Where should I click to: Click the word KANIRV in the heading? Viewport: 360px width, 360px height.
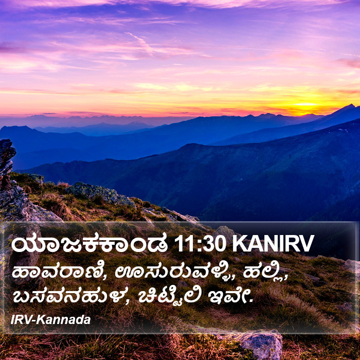point(273,244)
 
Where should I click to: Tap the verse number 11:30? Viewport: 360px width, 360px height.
point(200,244)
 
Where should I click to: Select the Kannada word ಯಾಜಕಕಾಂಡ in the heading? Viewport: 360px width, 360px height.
point(89,244)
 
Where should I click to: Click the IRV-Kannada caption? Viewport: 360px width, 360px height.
point(50,320)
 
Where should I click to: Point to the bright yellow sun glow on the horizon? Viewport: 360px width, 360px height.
point(305,104)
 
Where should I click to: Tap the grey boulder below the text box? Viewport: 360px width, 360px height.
point(261,343)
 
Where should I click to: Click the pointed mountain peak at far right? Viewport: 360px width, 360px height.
point(350,106)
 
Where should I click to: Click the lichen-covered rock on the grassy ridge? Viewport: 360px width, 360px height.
point(99,193)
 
